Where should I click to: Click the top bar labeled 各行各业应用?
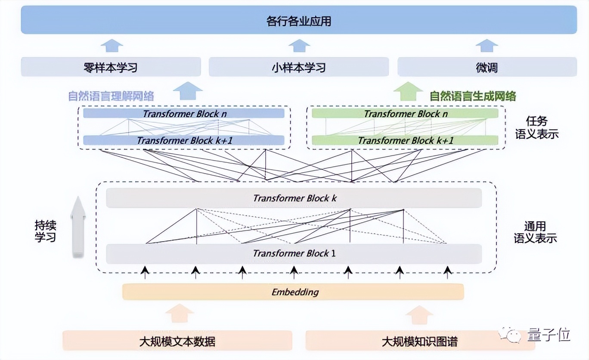(299, 20)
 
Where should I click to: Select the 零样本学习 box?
(111, 67)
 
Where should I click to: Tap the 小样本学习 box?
(299, 67)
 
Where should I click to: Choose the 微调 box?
(487, 67)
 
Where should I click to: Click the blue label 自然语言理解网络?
(111, 96)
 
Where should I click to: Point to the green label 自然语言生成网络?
(473, 96)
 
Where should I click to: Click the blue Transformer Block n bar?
(184, 114)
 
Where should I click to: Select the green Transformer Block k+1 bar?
(405, 140)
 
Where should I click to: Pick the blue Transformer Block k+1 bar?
(184, 140)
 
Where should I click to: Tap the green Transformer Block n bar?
(405, 114)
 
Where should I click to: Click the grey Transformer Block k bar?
(294, 198)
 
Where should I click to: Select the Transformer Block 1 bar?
(294, 254)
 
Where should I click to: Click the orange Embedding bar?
(293, 292)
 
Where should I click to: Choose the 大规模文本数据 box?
(177, 341)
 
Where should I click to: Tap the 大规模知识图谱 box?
(420, 341)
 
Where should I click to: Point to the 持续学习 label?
(46, 231)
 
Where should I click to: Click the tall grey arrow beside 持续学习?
(78, 227)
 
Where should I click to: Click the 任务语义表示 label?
(536, 128)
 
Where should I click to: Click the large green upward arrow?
(408, 91)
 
